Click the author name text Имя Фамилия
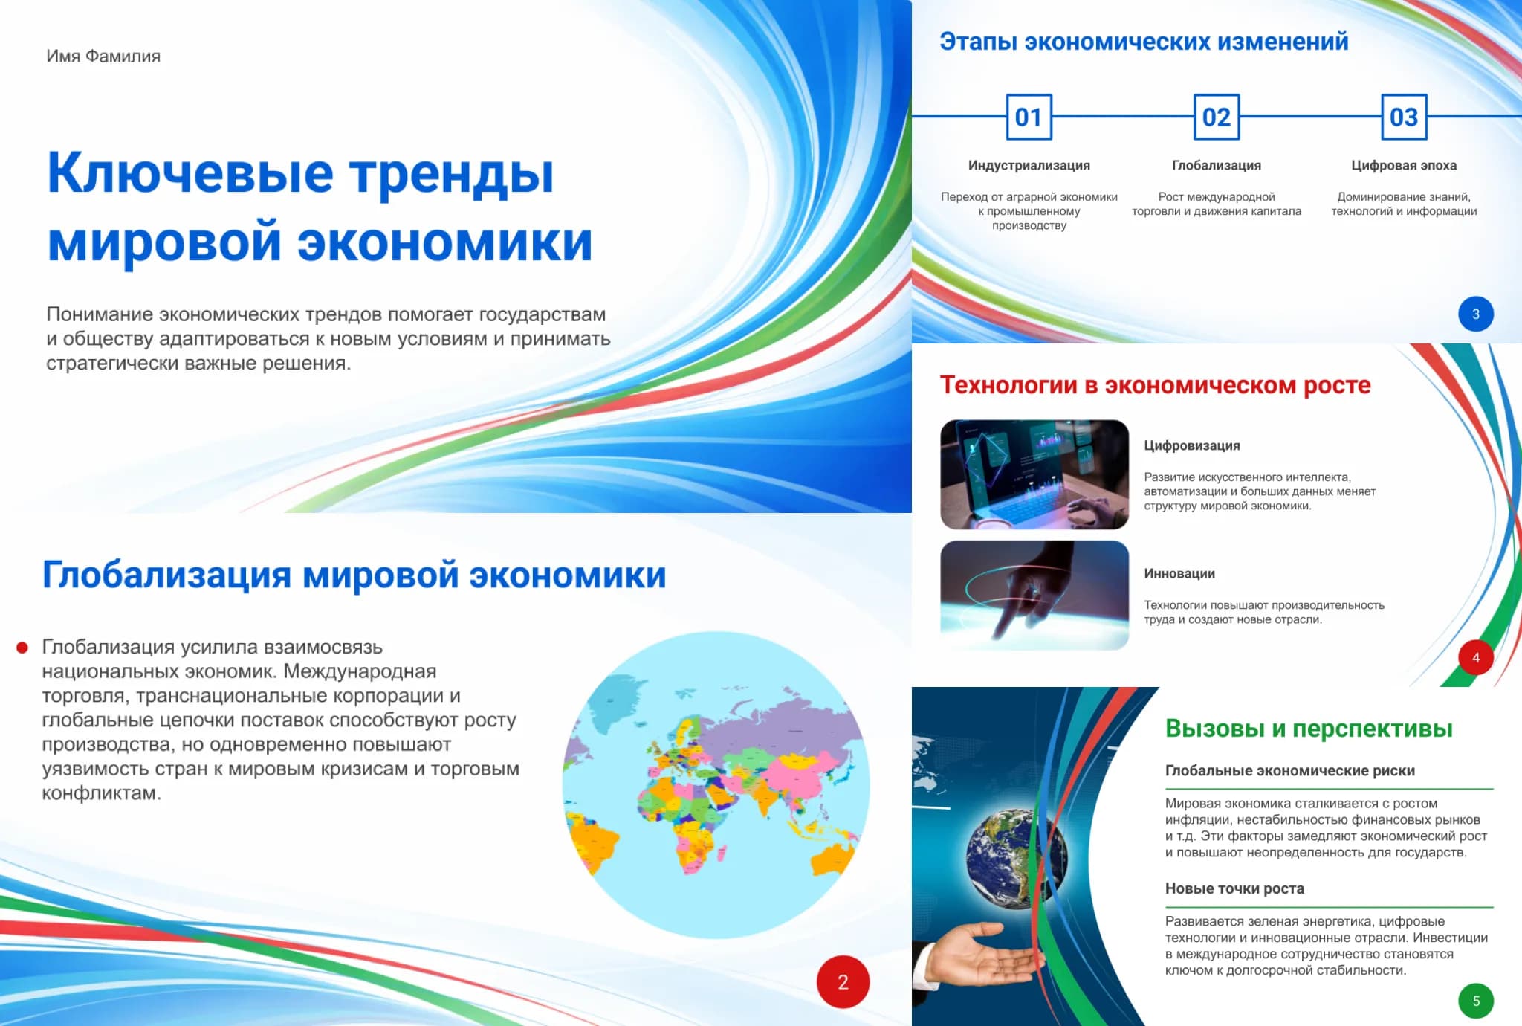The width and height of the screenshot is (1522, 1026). pos(103,57)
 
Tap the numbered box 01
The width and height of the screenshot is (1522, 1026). pos(1029,117)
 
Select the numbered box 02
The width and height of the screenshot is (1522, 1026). pos(1217,117)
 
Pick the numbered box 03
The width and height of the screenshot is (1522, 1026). pos(1404,117)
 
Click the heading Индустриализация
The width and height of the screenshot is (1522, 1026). pos(1029,165)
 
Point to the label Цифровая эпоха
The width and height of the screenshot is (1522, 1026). pos(1404,165)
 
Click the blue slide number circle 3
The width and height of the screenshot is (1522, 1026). pos(1476,314)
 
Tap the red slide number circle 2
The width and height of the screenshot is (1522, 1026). pos(843,981)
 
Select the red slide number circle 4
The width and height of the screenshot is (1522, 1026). pos(1476,657)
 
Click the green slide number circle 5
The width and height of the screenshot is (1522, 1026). pos(1476,1001)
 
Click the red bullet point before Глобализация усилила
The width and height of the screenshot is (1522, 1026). pos(22,648)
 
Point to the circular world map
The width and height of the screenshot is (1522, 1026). pos(716,784)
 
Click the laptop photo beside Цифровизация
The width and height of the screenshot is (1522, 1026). pos(1034,474)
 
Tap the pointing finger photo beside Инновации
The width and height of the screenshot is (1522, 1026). pos(1034,595)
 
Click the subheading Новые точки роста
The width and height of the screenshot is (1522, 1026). pos(1234,888)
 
